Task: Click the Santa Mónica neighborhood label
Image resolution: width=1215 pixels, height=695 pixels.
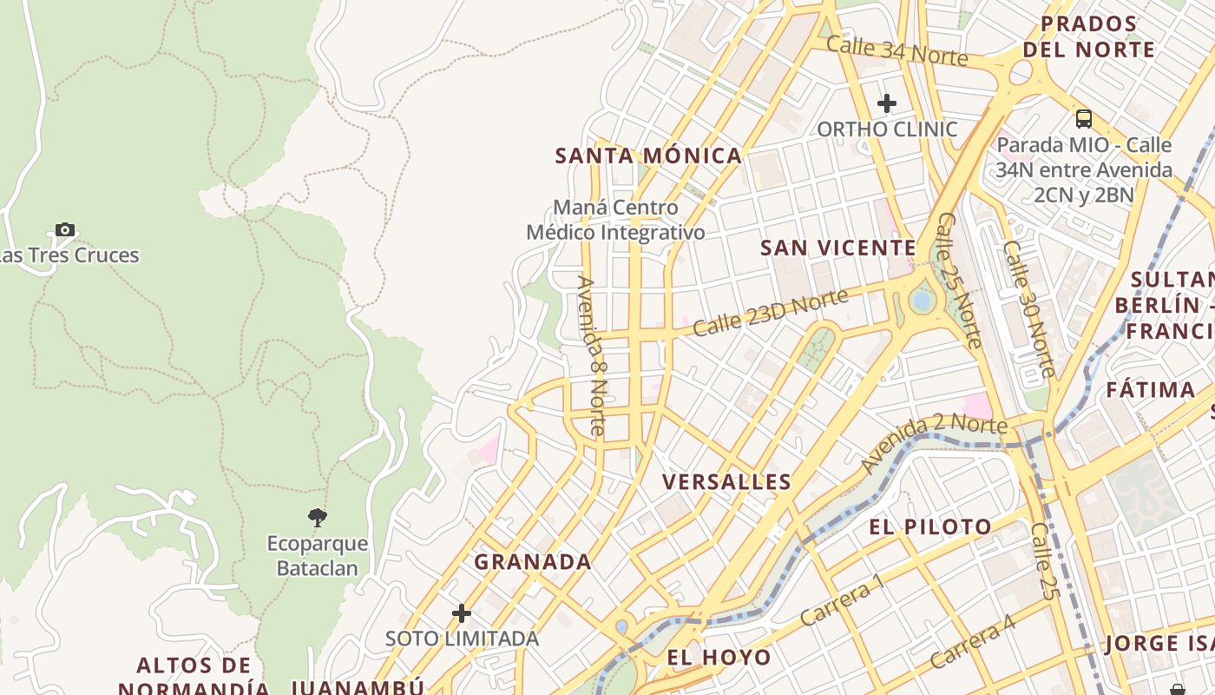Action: pyautogui.click(x=648, y=156)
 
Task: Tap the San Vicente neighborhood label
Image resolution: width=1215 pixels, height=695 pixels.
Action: pyautogui.click(x=838, y=248)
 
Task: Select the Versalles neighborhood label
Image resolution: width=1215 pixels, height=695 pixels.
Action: pyautogui.click(x=726, y=482)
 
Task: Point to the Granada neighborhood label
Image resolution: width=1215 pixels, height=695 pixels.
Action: pyautogui.click(x=533, y=562)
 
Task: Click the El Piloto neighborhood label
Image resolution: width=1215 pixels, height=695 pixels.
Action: pyautogui.click(x=930, y=527)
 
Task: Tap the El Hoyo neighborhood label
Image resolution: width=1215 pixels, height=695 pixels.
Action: pyautogui.click(x=719, y=658)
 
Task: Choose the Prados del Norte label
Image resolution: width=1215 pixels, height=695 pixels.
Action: pyautogui.click(x=1088, y=36)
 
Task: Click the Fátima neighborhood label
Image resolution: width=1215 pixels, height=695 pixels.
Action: pyautogui.click(x=1151, y=390)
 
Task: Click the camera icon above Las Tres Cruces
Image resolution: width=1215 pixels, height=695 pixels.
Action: pyautogui.click(x=65, y=230)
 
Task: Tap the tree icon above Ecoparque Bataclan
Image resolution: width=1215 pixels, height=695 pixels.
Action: pyautogui.click(x=318, y=518)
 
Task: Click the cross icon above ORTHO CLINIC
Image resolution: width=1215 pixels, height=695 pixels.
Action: pyautogui.click(x=886, y=104)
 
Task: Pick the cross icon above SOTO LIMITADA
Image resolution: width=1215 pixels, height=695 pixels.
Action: pyautogui.click(x=462, y=613)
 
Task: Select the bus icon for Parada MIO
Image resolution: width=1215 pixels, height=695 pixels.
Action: pyautogui.click(x=1083, y=119)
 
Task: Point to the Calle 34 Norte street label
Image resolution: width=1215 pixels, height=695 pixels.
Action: pyautogui.click(x=896, y=51)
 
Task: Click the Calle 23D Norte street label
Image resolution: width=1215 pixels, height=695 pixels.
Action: pyautogui.click(x=770, y=313)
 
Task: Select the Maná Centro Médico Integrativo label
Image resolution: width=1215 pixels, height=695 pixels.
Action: pyautogui.click(x=615, y=221)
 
